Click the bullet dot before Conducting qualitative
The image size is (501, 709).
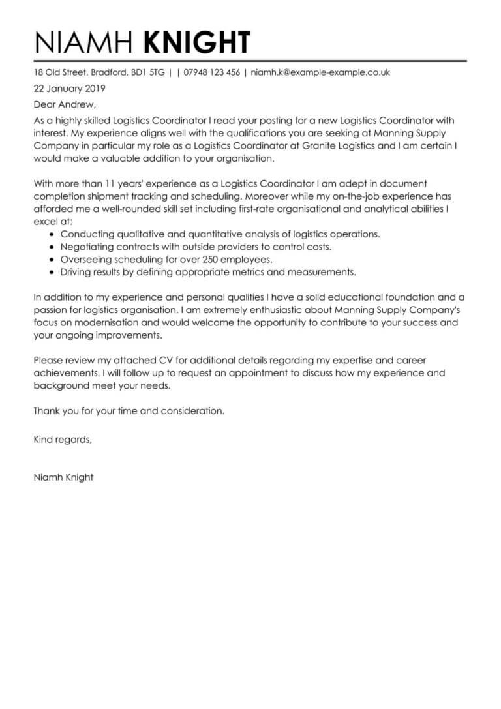tap(52, 234)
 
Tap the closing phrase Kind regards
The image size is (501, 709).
tap(63, 440)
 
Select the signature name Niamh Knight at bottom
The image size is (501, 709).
tap(63, 477)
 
